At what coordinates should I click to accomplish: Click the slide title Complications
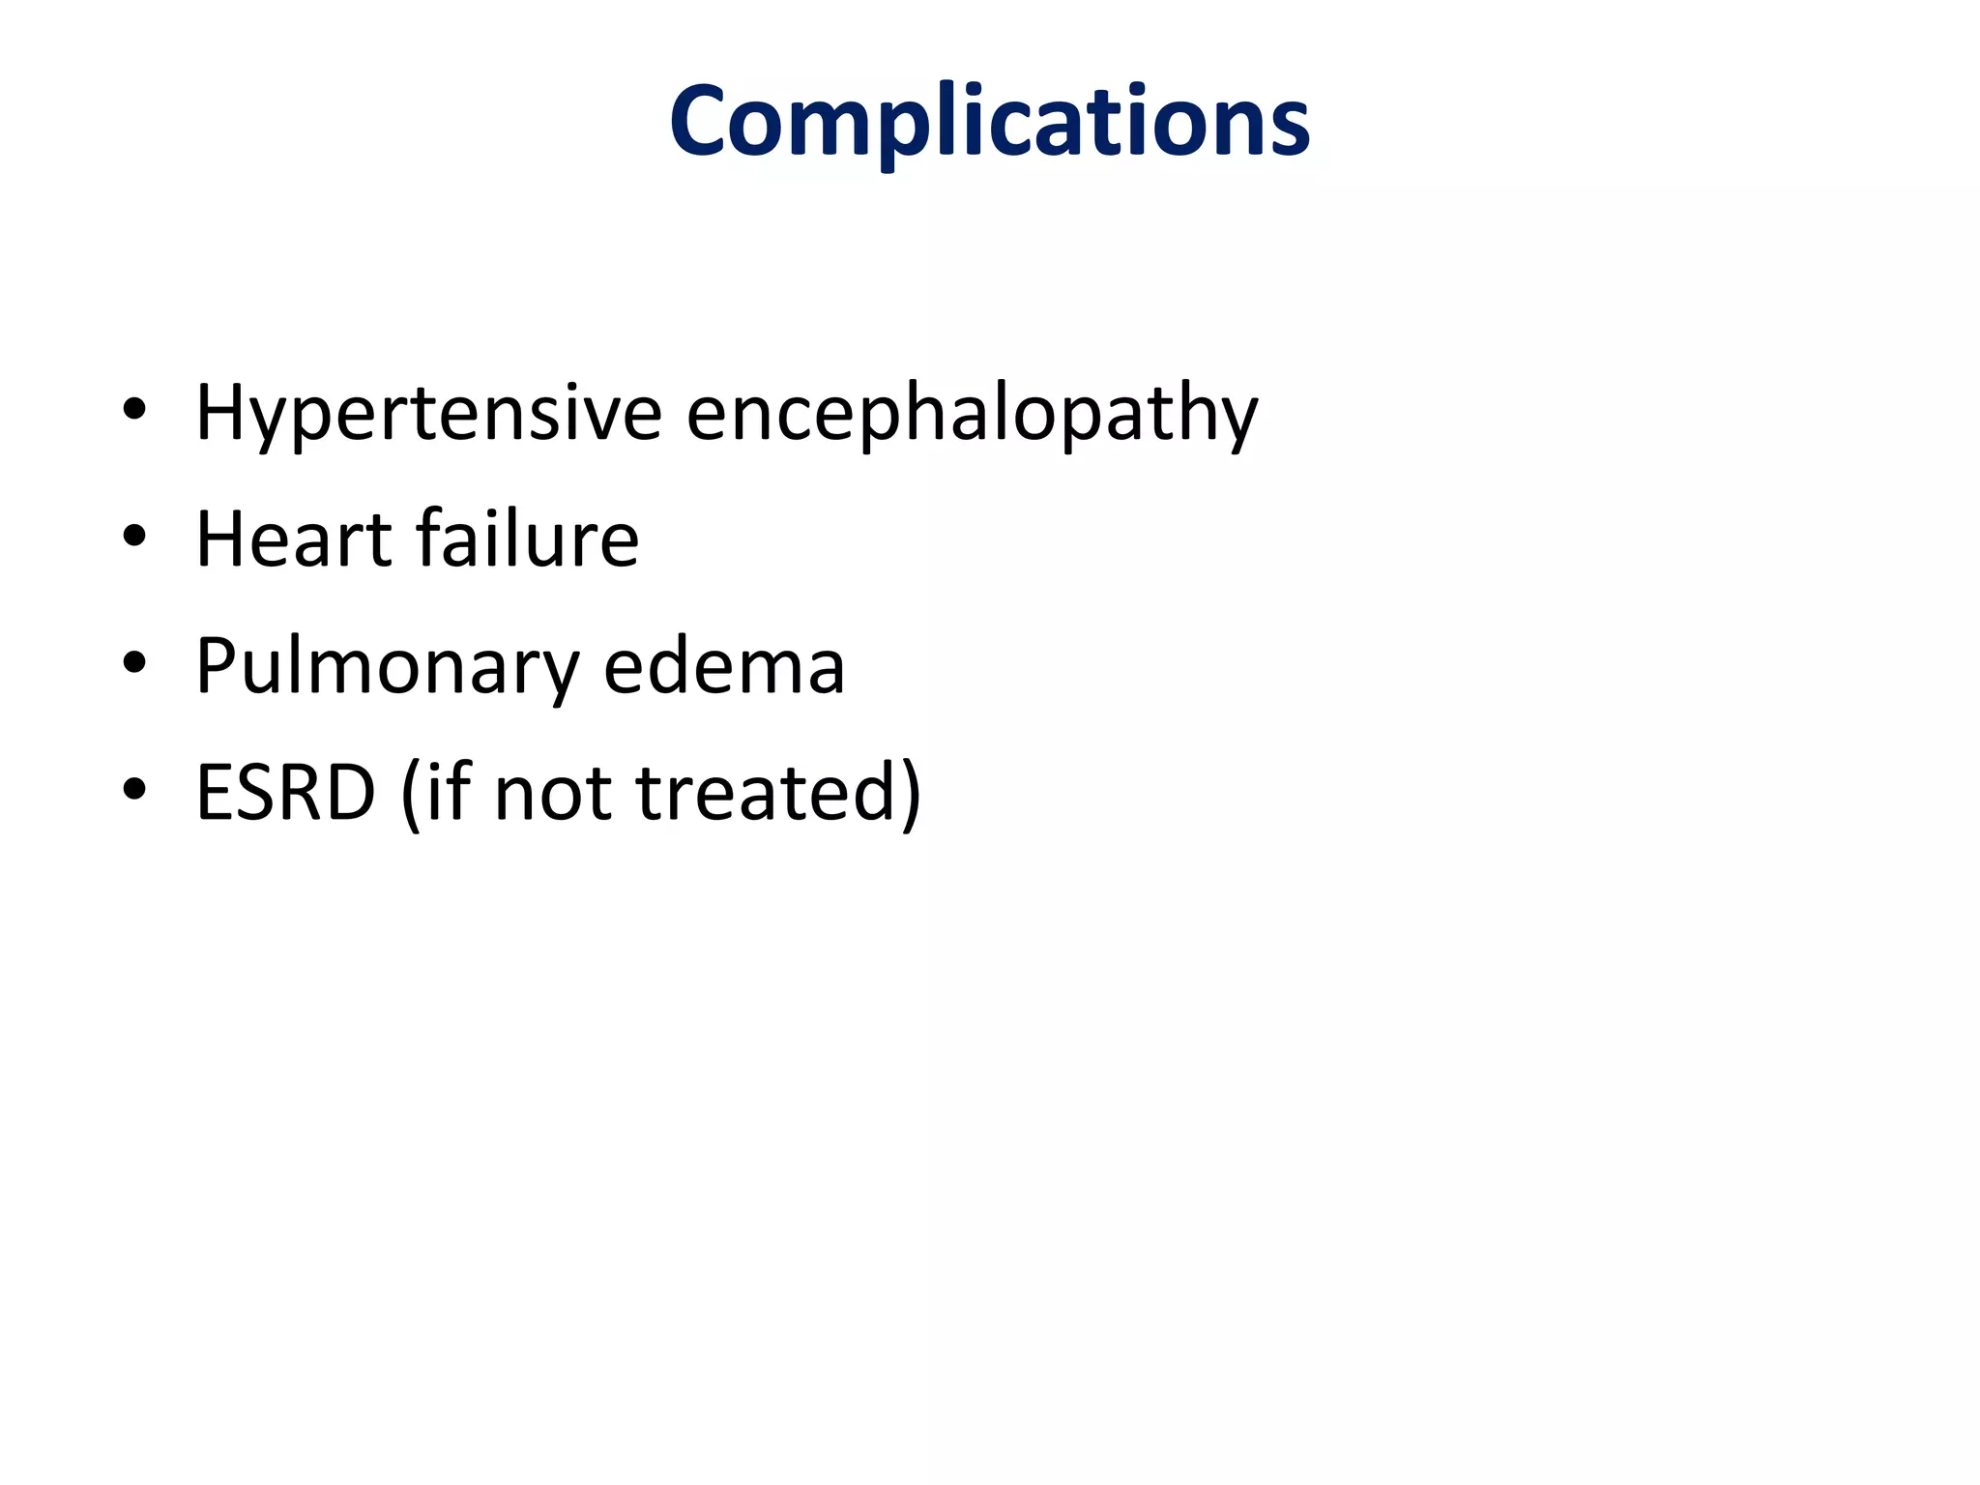coord(989,122)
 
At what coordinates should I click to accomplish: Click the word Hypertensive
coord(428,414)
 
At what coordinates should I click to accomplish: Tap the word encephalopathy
coord(972,414)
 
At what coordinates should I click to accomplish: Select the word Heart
coord(292,539)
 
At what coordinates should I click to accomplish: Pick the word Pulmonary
coord(387,667)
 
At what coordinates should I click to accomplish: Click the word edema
coord(724,667)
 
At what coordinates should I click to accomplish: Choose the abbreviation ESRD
coord(285,792)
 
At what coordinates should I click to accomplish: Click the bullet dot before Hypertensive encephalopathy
coord(134,410)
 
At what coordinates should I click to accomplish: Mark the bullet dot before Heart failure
coord(134,536)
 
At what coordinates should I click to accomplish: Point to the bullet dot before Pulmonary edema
coord(134,663)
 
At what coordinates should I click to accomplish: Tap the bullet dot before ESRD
coord(134,789)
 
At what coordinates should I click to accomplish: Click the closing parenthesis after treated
coord(910,794)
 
